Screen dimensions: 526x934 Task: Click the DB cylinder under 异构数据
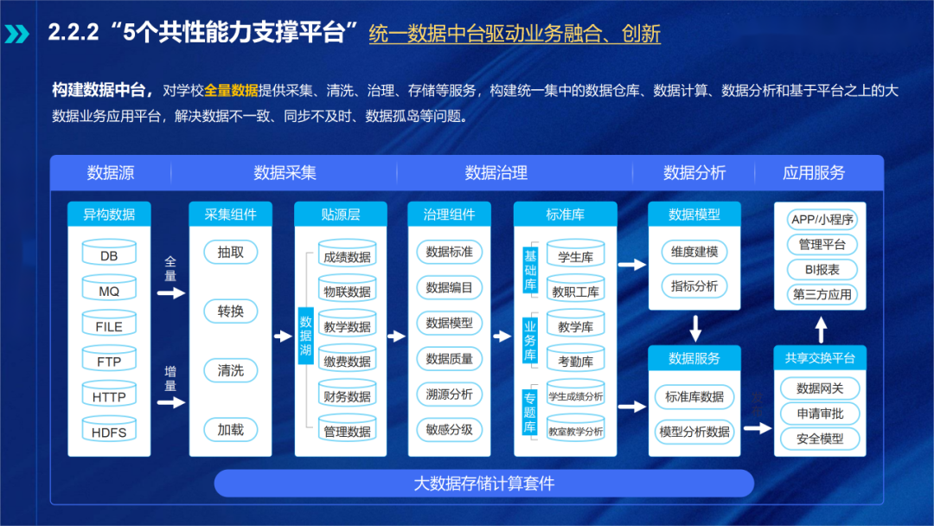pos(109,255)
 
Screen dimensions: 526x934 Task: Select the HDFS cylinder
pos(109,432)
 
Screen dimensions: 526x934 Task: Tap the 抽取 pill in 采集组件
pos(231,253)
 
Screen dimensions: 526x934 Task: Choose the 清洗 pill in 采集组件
pos(231,370)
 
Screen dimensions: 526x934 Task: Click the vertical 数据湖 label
pos(305,335)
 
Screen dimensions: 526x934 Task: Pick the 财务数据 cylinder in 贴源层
pos(347,396)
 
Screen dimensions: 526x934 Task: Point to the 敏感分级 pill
pos(450,428)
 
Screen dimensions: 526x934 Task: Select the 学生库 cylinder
pos(575,256)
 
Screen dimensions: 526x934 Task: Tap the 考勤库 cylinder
pos(575,361)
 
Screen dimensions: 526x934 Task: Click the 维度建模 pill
pos(694,252)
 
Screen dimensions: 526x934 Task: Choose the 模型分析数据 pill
pos(694,432)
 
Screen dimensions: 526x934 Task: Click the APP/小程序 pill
pos(822,220)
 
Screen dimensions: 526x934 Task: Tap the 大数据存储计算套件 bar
pos(484,484)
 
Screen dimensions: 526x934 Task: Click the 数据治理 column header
pos(496,172)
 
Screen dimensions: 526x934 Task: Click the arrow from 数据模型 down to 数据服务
pos(694,328)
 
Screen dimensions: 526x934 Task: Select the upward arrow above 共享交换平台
pos(821,329)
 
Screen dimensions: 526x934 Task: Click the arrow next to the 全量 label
pos(171,292)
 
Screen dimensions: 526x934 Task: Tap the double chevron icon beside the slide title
pos(16,34)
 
